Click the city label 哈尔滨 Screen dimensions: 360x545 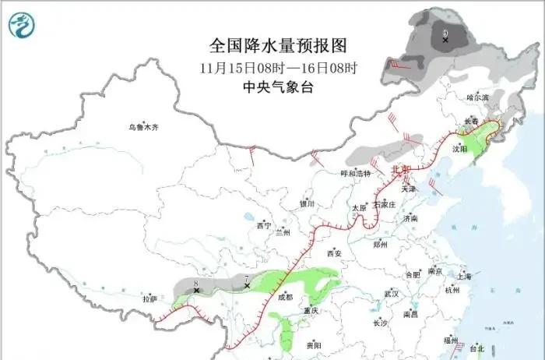click(x=476, y=97)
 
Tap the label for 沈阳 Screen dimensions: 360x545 click(x=460, y=148)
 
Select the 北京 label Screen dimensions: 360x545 click(x=399, y=168)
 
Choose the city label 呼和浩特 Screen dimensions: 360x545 click(x=357, y=174)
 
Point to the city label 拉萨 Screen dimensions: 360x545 click(x=149, y=298)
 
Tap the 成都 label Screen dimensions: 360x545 click(x=285, y=297)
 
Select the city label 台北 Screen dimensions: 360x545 click(x=476, y=348)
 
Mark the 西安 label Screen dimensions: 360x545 click(x=334, y=253)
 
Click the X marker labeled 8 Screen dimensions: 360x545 click(x=197, y=290)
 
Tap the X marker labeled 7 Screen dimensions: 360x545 click(x=247, y=286)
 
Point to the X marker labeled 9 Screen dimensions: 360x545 click(x=445, y=39)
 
